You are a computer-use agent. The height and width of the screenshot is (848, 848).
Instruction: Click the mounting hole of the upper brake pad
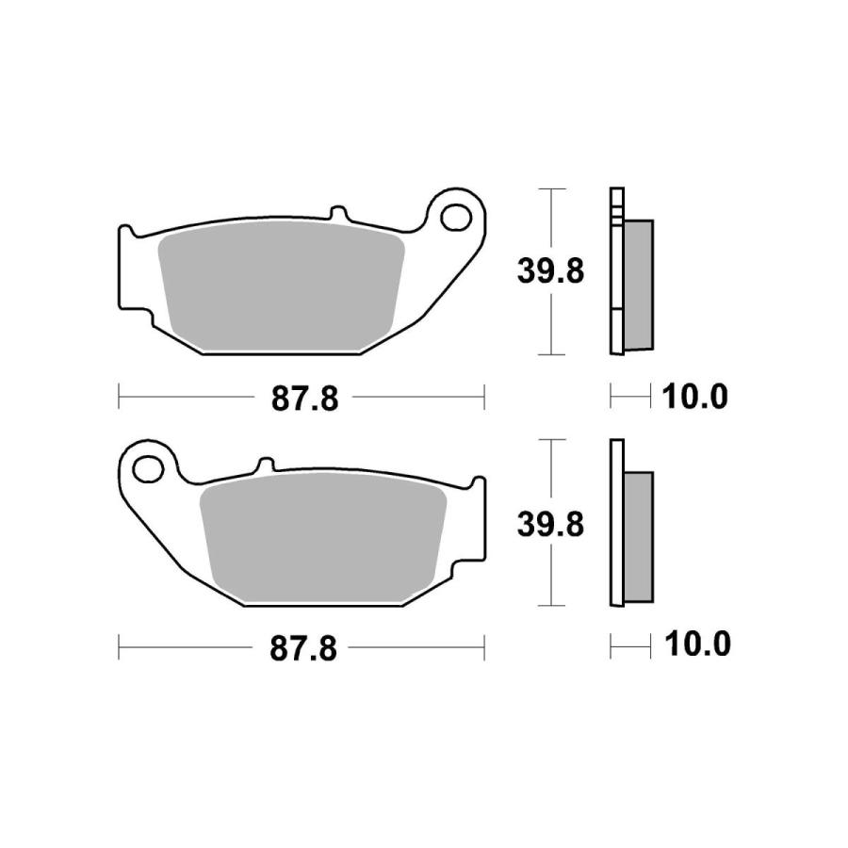[459, 215]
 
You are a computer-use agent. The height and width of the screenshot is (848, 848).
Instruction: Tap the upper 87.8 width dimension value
[304, 399]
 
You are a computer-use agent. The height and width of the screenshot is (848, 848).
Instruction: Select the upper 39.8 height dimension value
[550, 271]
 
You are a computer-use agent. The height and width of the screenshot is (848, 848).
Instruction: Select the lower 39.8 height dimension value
[550, 523]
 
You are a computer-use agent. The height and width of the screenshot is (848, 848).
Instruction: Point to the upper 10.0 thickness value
[694, 398]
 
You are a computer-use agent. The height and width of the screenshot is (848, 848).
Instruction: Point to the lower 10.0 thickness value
[694, 645]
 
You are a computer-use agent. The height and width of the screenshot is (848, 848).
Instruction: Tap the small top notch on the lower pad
[265, 465]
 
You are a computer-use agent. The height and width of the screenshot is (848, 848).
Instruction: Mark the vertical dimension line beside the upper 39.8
[550, 320]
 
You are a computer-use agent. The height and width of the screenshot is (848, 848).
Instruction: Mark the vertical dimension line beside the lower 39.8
[550, 575]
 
